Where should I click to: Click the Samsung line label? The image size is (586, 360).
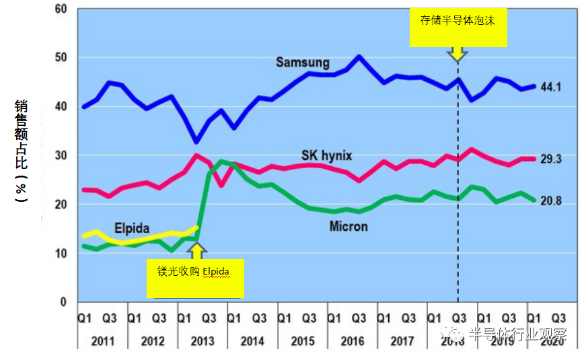coord(303,63)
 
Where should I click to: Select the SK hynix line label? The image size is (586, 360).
coord(326,156)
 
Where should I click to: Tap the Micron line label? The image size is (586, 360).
coord(349,226)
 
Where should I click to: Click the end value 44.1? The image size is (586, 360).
coord(551,87)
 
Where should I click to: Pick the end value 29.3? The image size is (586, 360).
coord(551,159)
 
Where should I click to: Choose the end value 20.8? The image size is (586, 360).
coord(551,201)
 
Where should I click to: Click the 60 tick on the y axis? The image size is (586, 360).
coord(61,9)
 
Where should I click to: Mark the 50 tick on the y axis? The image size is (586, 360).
coord(61,58)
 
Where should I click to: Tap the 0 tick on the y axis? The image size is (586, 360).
coord(64,302)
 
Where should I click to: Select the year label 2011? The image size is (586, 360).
coord(103,341)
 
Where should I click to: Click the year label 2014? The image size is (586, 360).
coord(252,341)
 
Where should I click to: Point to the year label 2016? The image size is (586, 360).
coord(353,341)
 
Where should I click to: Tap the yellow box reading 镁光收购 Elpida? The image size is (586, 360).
coord(195,279)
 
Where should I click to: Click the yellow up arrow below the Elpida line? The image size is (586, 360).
coord(196,251)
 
